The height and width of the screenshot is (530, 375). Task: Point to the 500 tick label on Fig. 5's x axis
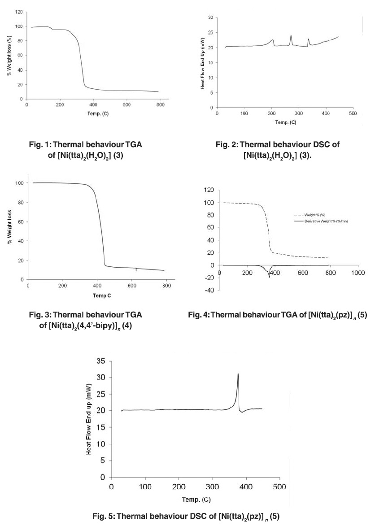(x=279, y=487)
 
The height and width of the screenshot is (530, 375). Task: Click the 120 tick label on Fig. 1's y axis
(x=18, y=12)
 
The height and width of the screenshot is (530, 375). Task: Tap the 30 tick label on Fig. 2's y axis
(x=210, y=17)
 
